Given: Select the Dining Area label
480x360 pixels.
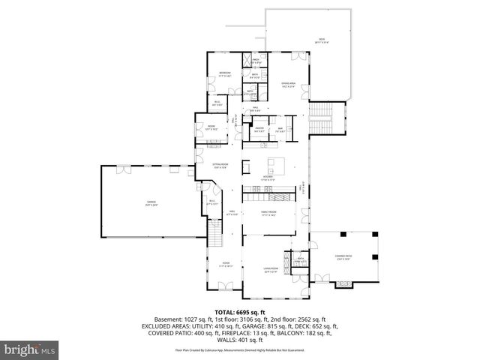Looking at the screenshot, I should pyautogui.click(x=289, y=85).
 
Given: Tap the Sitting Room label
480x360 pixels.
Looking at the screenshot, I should pyautogui.click(x=220, y=166).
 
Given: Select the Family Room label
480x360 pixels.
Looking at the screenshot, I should pyautogui.click(x=268, y=214).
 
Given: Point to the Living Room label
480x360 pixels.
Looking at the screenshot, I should pyautogui.click(x=270, y=271).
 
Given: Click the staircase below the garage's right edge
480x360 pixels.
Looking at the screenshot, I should pyautogui.click(x=215, y=235).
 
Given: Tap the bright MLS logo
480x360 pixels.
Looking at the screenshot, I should pyautogui.click(x=31, y=349).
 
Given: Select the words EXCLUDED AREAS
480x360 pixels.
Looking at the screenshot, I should pyautogui.click(x=172, y=326).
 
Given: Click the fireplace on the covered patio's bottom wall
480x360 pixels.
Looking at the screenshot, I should pyautogui.click(x=343, y=283).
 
